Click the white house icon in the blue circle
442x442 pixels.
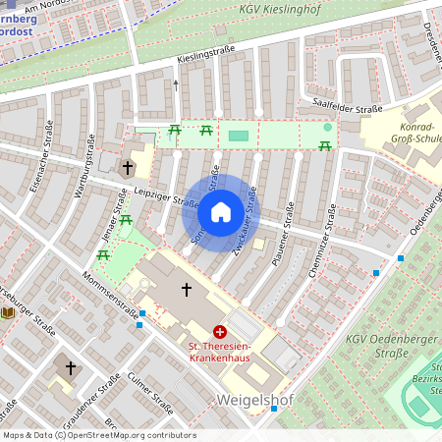click(221, 212)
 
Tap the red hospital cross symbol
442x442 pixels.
click(220, 333)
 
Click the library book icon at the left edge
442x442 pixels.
click(8, 312)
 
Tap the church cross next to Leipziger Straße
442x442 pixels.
click(127, 169)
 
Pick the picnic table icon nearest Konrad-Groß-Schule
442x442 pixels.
click(324, 146)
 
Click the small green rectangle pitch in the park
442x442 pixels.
click(239, 136)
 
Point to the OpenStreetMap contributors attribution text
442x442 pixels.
click(98, 434)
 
